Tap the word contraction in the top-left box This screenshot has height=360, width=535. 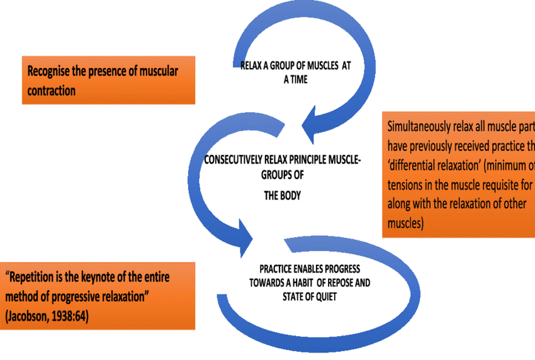click(x=51, y=91)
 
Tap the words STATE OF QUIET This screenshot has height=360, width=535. click(x=308, y=295)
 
